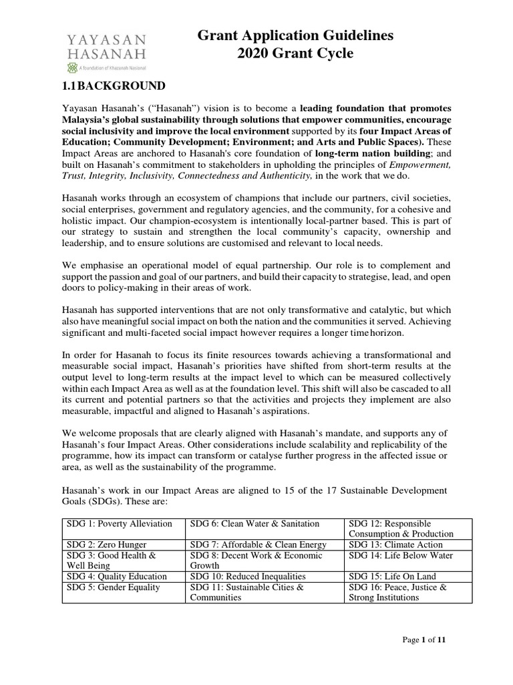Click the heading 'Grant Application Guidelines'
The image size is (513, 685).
(x=295, y=35)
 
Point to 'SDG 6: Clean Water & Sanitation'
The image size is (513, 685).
(x=255, y=523)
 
